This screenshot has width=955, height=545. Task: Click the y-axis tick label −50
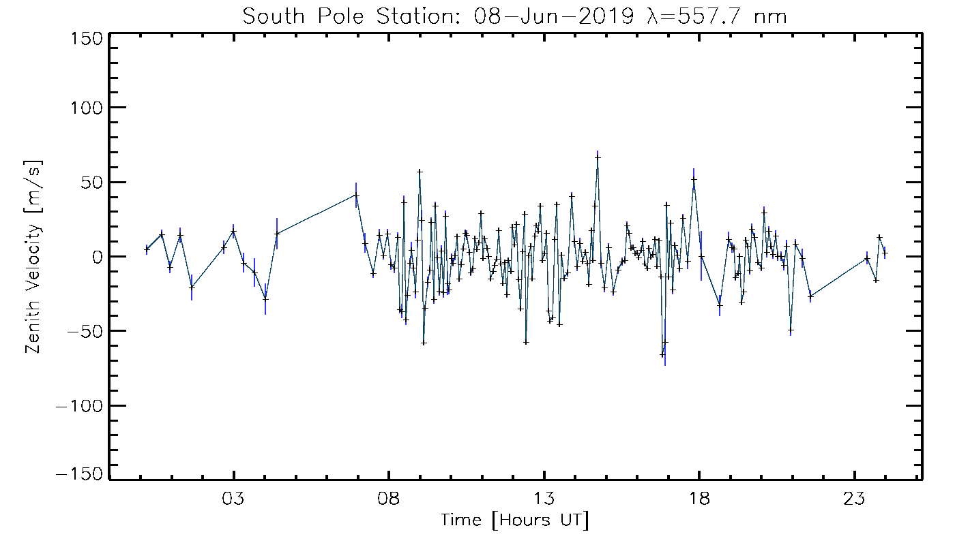83,331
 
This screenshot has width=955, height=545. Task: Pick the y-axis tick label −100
77,405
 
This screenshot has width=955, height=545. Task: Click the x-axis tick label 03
234,497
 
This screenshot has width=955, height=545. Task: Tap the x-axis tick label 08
389,497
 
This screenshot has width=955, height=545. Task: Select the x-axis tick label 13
544,497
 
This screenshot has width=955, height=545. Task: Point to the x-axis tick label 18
699,497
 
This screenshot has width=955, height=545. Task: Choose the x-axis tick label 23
854,497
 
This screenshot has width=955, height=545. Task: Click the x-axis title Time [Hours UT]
514,520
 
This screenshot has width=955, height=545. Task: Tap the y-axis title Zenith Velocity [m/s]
33,257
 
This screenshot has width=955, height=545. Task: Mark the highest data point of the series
598,157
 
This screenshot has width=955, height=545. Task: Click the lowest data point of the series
662,355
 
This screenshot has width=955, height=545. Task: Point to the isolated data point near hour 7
356,195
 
